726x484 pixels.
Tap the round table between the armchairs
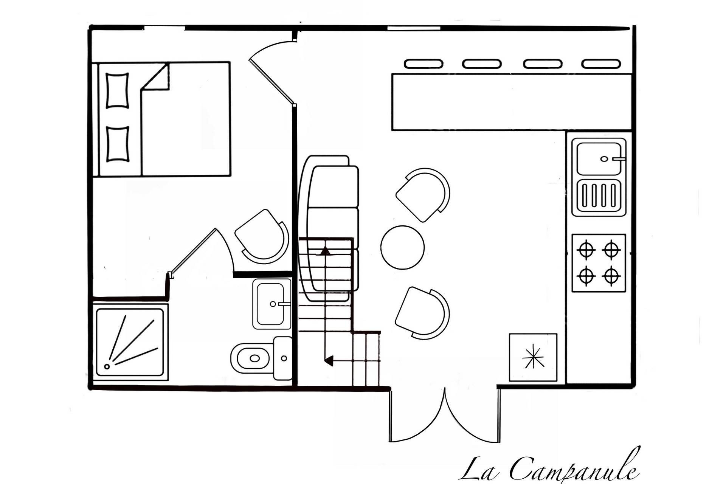[402, 247]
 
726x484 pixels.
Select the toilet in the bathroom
[261, 358]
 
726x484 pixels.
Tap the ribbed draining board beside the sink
[599, 197]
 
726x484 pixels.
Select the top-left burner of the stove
[586, 250]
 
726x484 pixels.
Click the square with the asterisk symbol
[533, 357]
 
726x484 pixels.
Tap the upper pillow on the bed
[117, 90]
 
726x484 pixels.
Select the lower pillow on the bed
[117, 144]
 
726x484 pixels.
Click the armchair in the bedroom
[262, 235]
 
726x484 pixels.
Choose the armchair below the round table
[423, 312]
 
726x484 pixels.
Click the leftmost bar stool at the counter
[423, 64]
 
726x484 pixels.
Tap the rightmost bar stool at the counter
[601, 64]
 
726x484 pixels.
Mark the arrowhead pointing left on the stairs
[329, 361]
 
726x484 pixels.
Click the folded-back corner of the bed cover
[155, 77]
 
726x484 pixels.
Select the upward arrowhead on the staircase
[325, 250]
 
